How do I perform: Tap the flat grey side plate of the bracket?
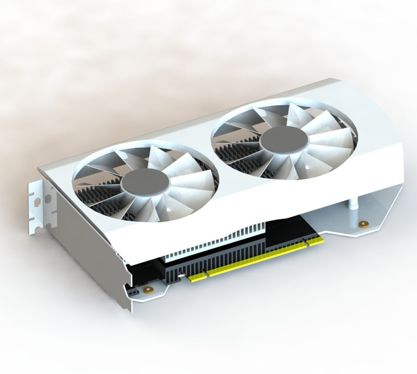point(88,245)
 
